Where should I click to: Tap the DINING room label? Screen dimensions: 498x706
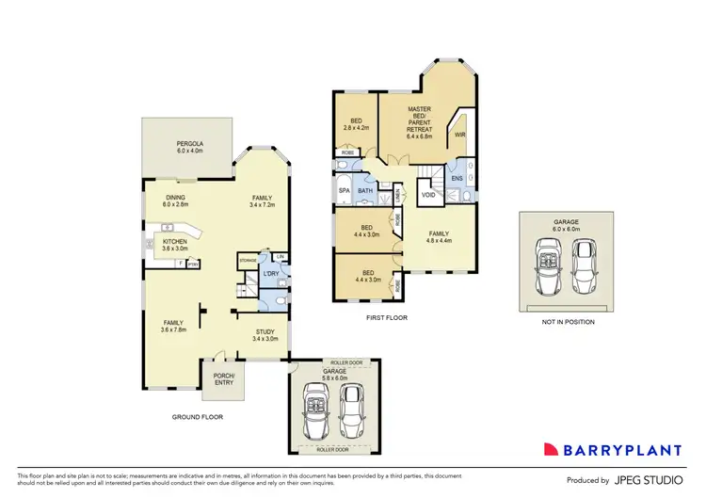click(x=176, y=201)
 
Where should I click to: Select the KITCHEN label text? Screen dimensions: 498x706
click(x=176, y=246)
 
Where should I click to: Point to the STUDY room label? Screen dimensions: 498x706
click(x=265, y=334)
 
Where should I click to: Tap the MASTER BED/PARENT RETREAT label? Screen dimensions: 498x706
click(x=418, y=122)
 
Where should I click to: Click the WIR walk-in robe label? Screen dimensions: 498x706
click(x=459, y=136)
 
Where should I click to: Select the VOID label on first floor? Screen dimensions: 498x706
click(x=427, y=196)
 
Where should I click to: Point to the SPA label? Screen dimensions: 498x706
click(x=344, y=190)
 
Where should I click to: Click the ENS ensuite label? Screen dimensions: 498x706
click(x=457, y=178)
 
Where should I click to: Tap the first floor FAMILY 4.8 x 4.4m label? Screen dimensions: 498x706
click(x=440, y=236)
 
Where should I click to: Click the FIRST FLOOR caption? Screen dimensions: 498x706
click(x=387, y=318)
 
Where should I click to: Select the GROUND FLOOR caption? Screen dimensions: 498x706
click(x=197, y=416)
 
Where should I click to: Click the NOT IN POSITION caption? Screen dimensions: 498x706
click(x=567, y=322)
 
